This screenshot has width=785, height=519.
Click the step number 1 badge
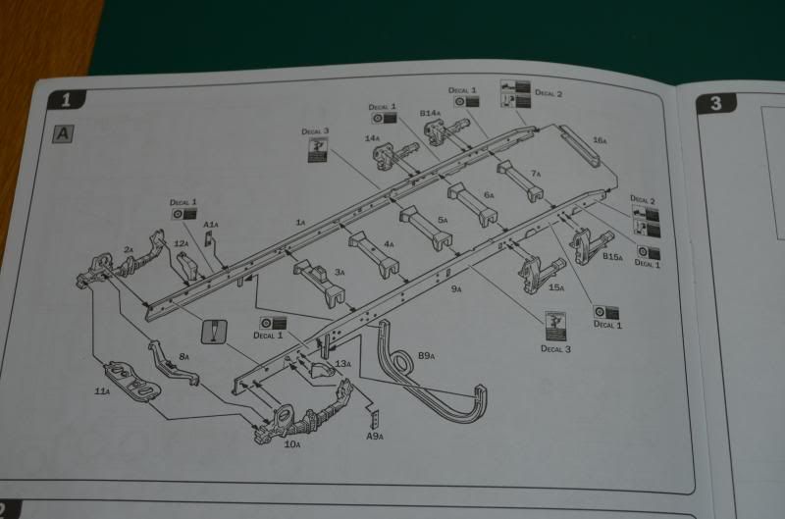[x=67, y=99]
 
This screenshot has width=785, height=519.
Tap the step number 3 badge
[x=715, y=102]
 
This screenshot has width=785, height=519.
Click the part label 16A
[x=599, y=140]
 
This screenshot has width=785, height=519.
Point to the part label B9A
[x=427, y=354]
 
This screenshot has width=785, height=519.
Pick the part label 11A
[x=101, y=391]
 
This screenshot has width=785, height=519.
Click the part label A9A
[x=375, y=436]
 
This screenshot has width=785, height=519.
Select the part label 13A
[x=342, y=364]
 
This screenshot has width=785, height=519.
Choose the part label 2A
[x=128, y=249]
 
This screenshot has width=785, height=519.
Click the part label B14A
[x=430, y=113]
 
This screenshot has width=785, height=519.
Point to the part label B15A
[x=612, y=257]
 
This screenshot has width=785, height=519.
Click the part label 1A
[x=301, y=224]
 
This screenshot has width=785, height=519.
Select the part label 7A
[x=536, y=173]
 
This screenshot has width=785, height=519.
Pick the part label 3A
[x=340, y=272]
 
